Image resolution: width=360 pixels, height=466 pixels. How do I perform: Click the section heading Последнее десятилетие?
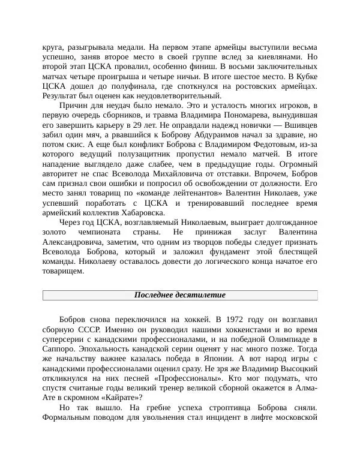point(179,295)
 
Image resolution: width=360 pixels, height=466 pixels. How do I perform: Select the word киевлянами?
point(280,57)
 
